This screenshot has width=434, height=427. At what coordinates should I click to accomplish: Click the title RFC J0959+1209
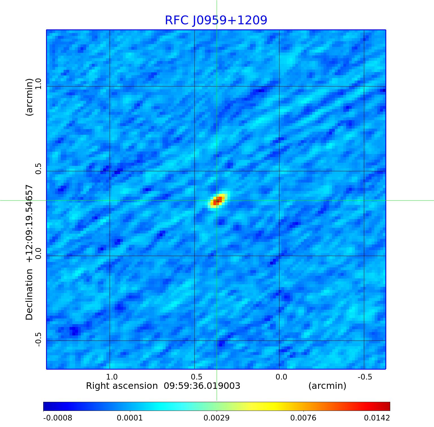point(216,20)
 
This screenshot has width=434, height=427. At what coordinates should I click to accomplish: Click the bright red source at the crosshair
point(217,201)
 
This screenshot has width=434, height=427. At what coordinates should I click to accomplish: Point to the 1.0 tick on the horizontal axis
point(112,377)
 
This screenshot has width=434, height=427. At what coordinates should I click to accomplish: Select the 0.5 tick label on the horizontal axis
point(197,377)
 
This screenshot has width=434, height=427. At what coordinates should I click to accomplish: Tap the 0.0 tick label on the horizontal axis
point(281,377)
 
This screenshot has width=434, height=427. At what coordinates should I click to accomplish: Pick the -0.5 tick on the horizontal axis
point(365,377)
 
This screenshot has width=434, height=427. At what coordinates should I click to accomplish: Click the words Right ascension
point(122,386)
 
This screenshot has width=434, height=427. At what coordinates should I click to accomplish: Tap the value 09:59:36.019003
point(202,386)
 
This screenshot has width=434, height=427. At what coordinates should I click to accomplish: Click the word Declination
point(29,294)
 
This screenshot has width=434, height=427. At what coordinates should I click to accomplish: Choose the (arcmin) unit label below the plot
point(327,386)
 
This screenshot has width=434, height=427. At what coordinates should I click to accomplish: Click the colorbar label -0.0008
point(58,418)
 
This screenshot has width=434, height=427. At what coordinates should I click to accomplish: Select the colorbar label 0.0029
point(217,418)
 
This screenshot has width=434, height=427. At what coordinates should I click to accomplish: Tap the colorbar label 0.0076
point(303,418)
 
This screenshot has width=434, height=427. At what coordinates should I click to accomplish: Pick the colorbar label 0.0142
point(377,418)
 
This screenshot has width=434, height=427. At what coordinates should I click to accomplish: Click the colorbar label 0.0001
point(130,418)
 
